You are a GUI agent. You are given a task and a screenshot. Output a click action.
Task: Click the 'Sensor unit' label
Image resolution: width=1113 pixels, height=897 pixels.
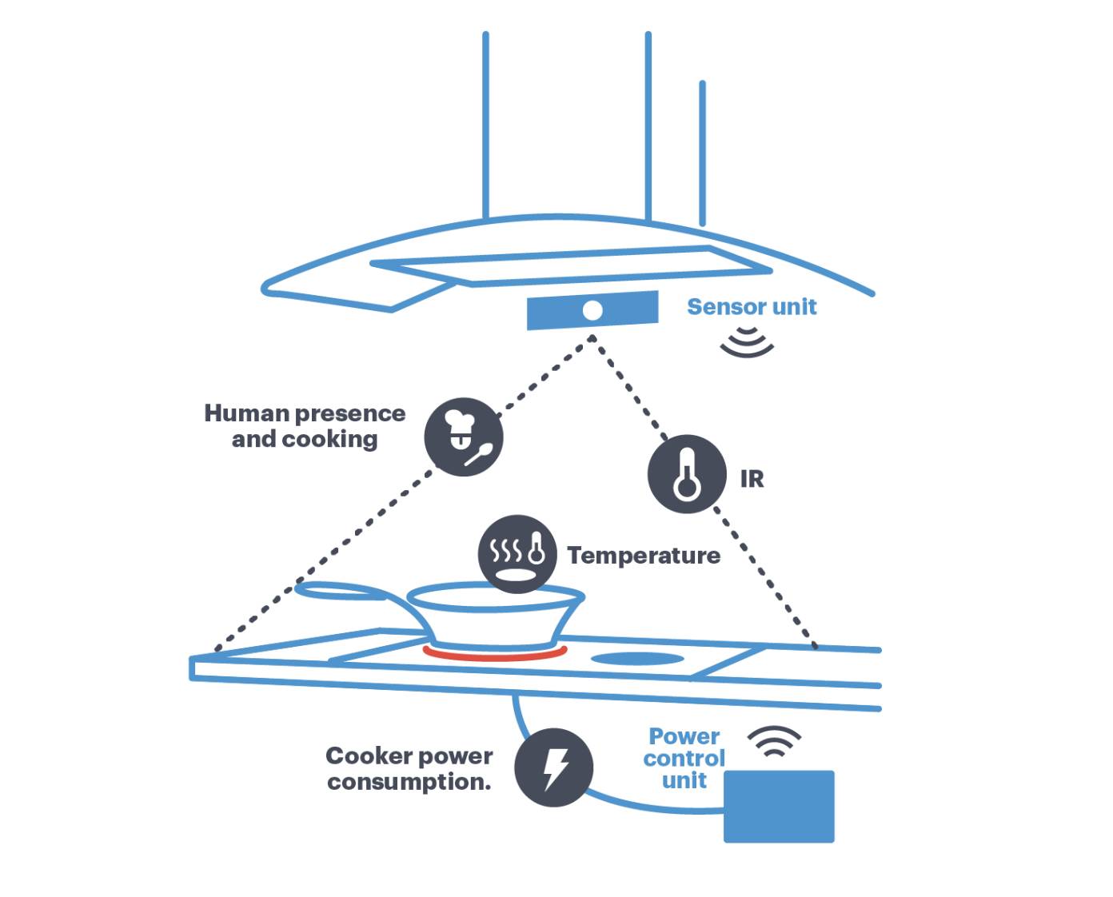coord(752,307)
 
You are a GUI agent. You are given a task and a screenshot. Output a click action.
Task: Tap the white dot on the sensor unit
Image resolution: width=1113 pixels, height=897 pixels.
coord(592,310)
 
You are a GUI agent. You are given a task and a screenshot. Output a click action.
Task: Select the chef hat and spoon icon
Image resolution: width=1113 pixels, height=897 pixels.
coord(463,437)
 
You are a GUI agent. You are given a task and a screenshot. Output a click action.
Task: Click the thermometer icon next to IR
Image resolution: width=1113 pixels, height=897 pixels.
coord(687,474)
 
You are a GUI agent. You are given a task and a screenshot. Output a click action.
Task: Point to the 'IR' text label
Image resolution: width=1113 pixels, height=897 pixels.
coord(752,479)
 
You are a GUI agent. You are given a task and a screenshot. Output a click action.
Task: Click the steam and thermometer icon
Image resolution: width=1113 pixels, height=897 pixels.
coord(517,553)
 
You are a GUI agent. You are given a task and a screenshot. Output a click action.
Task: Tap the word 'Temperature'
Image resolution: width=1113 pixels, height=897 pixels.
coord(644,556)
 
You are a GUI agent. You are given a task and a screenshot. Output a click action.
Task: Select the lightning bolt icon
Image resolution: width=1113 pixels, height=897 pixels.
coord(554,767)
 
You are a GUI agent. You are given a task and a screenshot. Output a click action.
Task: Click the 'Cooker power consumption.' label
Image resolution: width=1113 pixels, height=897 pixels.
coord(409,768)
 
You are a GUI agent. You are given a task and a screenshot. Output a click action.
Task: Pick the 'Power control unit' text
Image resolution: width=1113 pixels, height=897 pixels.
coord(684,758)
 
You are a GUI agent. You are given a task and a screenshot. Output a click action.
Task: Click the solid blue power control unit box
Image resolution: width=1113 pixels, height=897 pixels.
coord(779,806)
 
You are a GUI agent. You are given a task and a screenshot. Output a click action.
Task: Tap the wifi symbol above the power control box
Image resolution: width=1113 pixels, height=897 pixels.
coord(774,741)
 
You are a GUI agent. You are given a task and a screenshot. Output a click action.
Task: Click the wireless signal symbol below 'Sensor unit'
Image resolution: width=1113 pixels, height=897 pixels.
coord(747,341)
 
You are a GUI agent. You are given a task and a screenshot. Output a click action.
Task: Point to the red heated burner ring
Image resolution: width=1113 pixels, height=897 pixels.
coord(495,655)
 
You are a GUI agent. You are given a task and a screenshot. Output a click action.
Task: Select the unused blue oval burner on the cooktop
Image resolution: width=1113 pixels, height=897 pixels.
coord(637,660)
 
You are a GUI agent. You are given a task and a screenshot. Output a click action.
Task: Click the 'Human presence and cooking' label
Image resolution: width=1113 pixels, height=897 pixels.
coord(305,426)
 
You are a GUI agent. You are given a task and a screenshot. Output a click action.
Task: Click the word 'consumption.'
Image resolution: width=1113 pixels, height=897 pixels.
coord(409,782)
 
